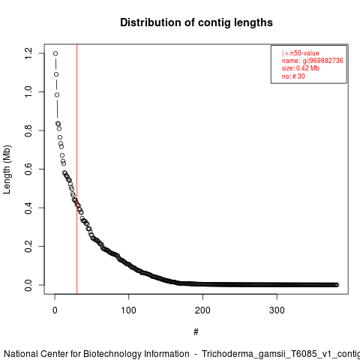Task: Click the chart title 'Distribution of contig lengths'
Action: click(196, 22)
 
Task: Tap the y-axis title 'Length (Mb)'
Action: click(7, 169)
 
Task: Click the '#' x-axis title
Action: click(196, 331)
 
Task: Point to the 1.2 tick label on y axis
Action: click(28, 53)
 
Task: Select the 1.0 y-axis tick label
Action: click(28, 92)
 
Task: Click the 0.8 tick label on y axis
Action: click(28, 130)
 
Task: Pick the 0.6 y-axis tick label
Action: click(28, 169)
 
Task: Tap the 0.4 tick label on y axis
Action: click(28, 208)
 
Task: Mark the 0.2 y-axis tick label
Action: click(28, 247)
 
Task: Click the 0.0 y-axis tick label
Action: click(28, 285)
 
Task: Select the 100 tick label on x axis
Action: click(128, 310)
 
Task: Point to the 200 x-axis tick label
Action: click(202, 310)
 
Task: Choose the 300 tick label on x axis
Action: click(277, 310)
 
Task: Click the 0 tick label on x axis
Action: click(55, 310)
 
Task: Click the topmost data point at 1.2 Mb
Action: click(55, 53)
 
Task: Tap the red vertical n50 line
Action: click(76, 169)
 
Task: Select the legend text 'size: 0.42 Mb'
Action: click(300, 68)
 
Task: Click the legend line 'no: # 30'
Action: click(293, 76)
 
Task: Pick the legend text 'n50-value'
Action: click(304, 53)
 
